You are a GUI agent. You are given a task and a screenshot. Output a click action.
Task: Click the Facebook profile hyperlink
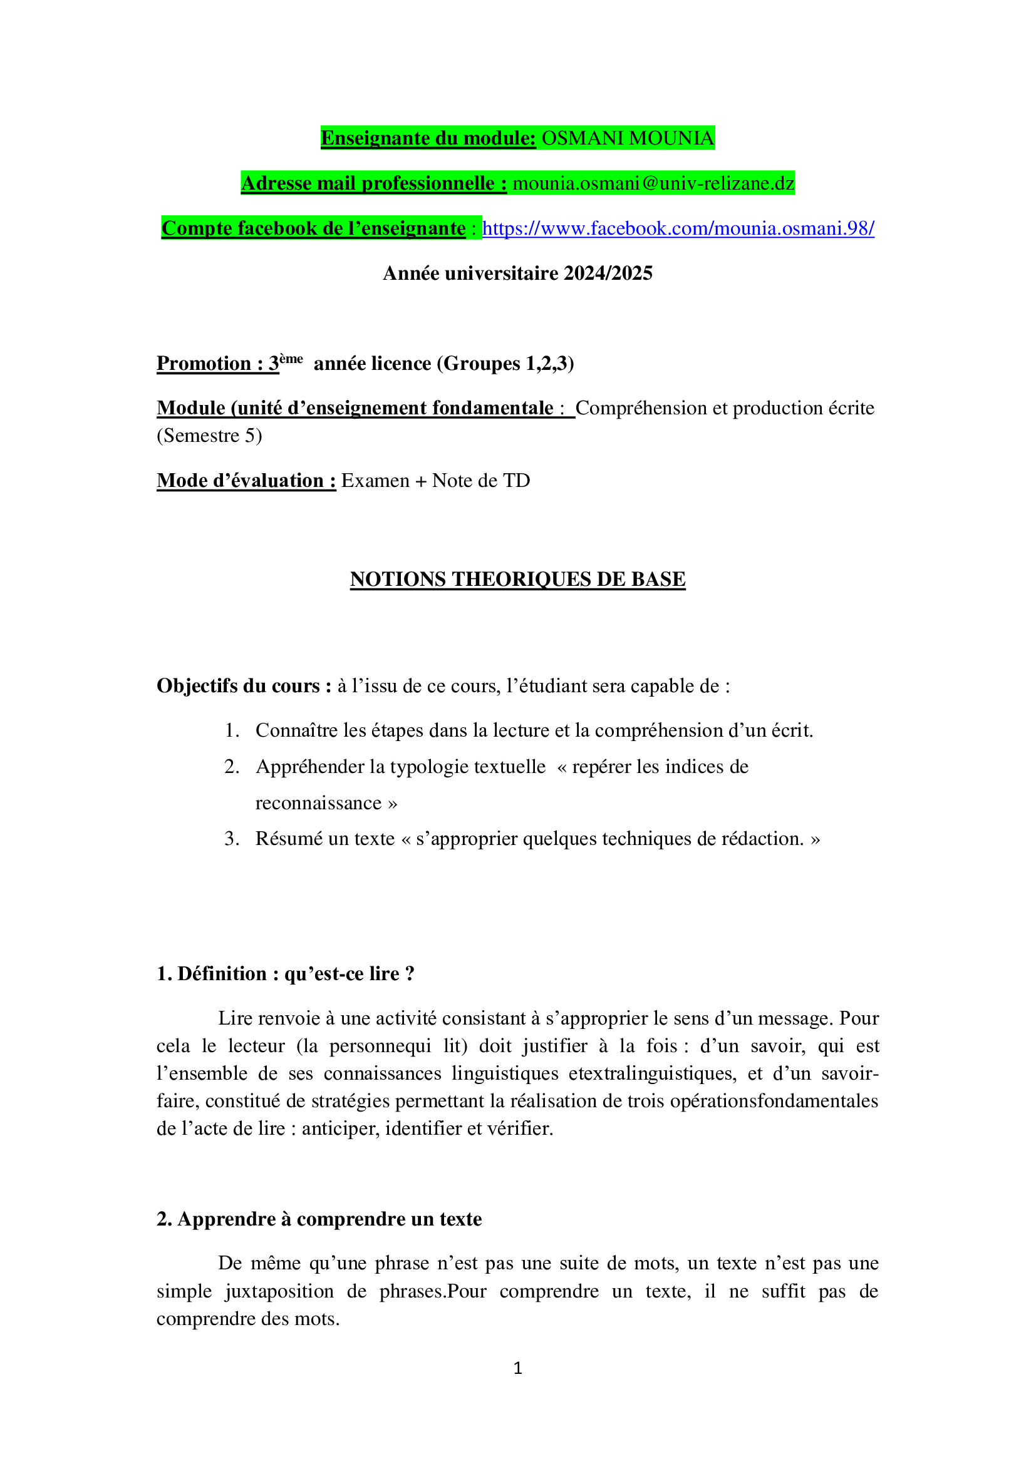(678, 228)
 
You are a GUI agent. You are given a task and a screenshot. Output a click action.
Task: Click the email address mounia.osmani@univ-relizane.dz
(653, 183)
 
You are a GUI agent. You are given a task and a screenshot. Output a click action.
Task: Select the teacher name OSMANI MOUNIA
(627, 138)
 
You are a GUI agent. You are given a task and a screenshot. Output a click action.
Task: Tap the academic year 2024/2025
(608, 274)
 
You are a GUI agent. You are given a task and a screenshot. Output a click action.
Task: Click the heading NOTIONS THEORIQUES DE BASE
(517, 579)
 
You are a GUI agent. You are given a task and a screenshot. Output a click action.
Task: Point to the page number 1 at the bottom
(517, 1368)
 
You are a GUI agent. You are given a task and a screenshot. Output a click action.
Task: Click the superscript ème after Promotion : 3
(291, 359)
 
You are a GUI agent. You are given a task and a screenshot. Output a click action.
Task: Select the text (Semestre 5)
(209, 436)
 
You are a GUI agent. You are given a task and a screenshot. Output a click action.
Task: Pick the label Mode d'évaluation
(246, 481)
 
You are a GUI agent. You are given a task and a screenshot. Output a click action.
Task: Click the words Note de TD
(481, 481)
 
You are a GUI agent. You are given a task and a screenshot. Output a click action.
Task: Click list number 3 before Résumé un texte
(231, 839)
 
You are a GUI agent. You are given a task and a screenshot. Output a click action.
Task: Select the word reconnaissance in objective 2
(318, 803)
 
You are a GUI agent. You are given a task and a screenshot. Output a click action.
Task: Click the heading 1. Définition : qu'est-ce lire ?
(285, 974)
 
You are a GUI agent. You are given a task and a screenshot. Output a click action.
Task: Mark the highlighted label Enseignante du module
(428, 138)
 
